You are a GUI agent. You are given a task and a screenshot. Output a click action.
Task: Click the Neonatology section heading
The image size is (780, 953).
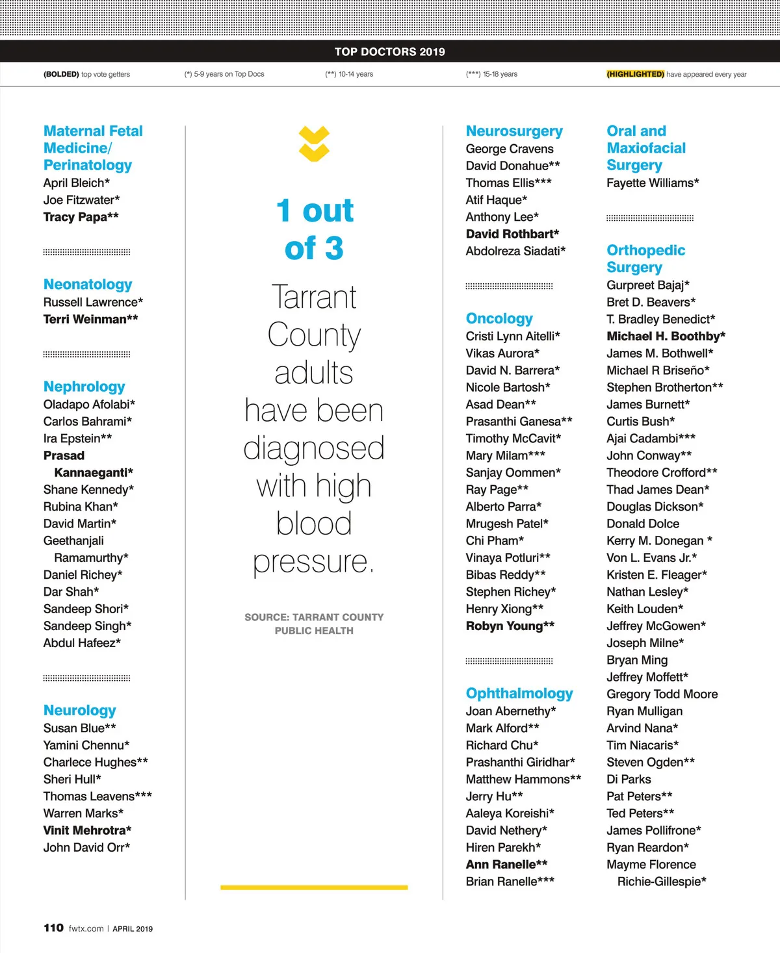point(88,285)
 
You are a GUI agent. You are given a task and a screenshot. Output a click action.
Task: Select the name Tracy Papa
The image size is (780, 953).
point(81,217)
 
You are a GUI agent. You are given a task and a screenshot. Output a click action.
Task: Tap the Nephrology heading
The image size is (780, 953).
point(84,387)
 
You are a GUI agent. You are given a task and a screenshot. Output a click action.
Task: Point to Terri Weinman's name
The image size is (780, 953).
point(90,319)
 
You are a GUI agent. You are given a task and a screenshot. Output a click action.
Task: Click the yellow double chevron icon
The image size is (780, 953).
point(314,144)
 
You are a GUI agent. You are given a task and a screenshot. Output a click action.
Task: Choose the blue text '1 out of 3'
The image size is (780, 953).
point(315,229)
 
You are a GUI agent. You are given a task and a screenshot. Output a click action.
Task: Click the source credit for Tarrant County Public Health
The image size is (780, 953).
point(314,624)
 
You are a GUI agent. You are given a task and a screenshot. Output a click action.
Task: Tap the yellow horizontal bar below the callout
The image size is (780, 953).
point(314,887)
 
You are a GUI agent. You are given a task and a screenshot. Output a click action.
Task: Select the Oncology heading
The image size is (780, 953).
point(499,318)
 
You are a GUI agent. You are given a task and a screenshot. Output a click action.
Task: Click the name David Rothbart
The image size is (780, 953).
point(512,234)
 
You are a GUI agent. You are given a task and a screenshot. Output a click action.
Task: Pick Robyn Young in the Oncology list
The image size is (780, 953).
point(510,626)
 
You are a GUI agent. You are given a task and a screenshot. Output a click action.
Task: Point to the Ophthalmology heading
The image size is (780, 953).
point(519,693)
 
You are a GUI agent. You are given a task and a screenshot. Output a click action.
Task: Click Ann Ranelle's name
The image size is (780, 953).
point(506,864)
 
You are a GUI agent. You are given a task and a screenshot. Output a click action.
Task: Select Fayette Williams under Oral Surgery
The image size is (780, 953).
point(653,183)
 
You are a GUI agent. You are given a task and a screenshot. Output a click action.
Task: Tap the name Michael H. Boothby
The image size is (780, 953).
point(666,336)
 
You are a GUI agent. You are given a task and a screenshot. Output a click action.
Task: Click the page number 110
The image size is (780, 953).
point(53,928)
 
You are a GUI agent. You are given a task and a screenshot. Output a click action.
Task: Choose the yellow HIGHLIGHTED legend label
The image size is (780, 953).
point(635,74)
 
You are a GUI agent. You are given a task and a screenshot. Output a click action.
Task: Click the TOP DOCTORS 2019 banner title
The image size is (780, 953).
point(390,52)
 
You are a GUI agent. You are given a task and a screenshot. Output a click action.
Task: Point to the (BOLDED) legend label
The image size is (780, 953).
point(61,74)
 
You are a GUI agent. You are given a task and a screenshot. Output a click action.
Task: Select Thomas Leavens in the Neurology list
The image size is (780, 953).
point(97,796)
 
